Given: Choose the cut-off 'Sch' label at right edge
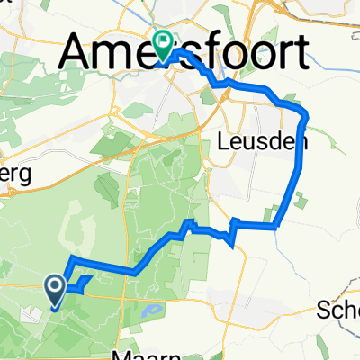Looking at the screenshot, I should (338, 311).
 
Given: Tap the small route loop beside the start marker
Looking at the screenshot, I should (82, 285).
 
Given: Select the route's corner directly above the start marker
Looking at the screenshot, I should (68, 260).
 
